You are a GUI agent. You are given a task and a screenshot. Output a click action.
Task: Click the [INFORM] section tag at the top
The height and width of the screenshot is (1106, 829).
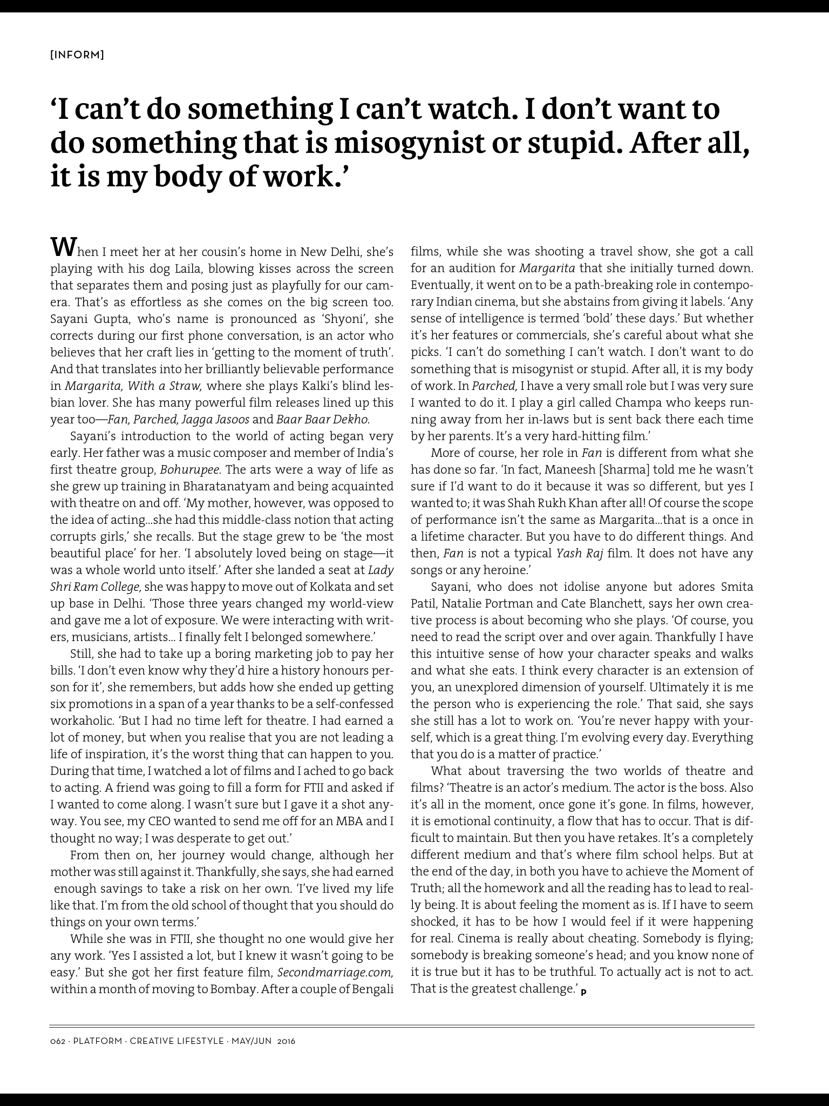coord(77,55)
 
